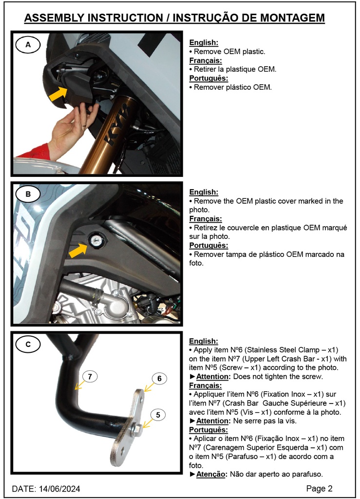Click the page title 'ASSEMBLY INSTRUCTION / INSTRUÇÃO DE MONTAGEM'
point(174,18)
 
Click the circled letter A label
point(28,45)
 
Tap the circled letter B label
point(28,194)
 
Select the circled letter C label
point(28,345)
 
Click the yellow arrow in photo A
point(59,93)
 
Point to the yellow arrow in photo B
point(78,250)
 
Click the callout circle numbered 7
point(90,376)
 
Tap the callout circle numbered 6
point(159,379)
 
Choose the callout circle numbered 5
point(158,415)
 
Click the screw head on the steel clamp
point(137,429)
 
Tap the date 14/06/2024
point(59,488)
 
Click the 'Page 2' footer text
point(319,488)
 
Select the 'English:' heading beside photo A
point(204,43)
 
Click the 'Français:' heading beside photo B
point(206,219)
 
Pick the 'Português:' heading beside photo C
point(208,430)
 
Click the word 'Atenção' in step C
point(211,474)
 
